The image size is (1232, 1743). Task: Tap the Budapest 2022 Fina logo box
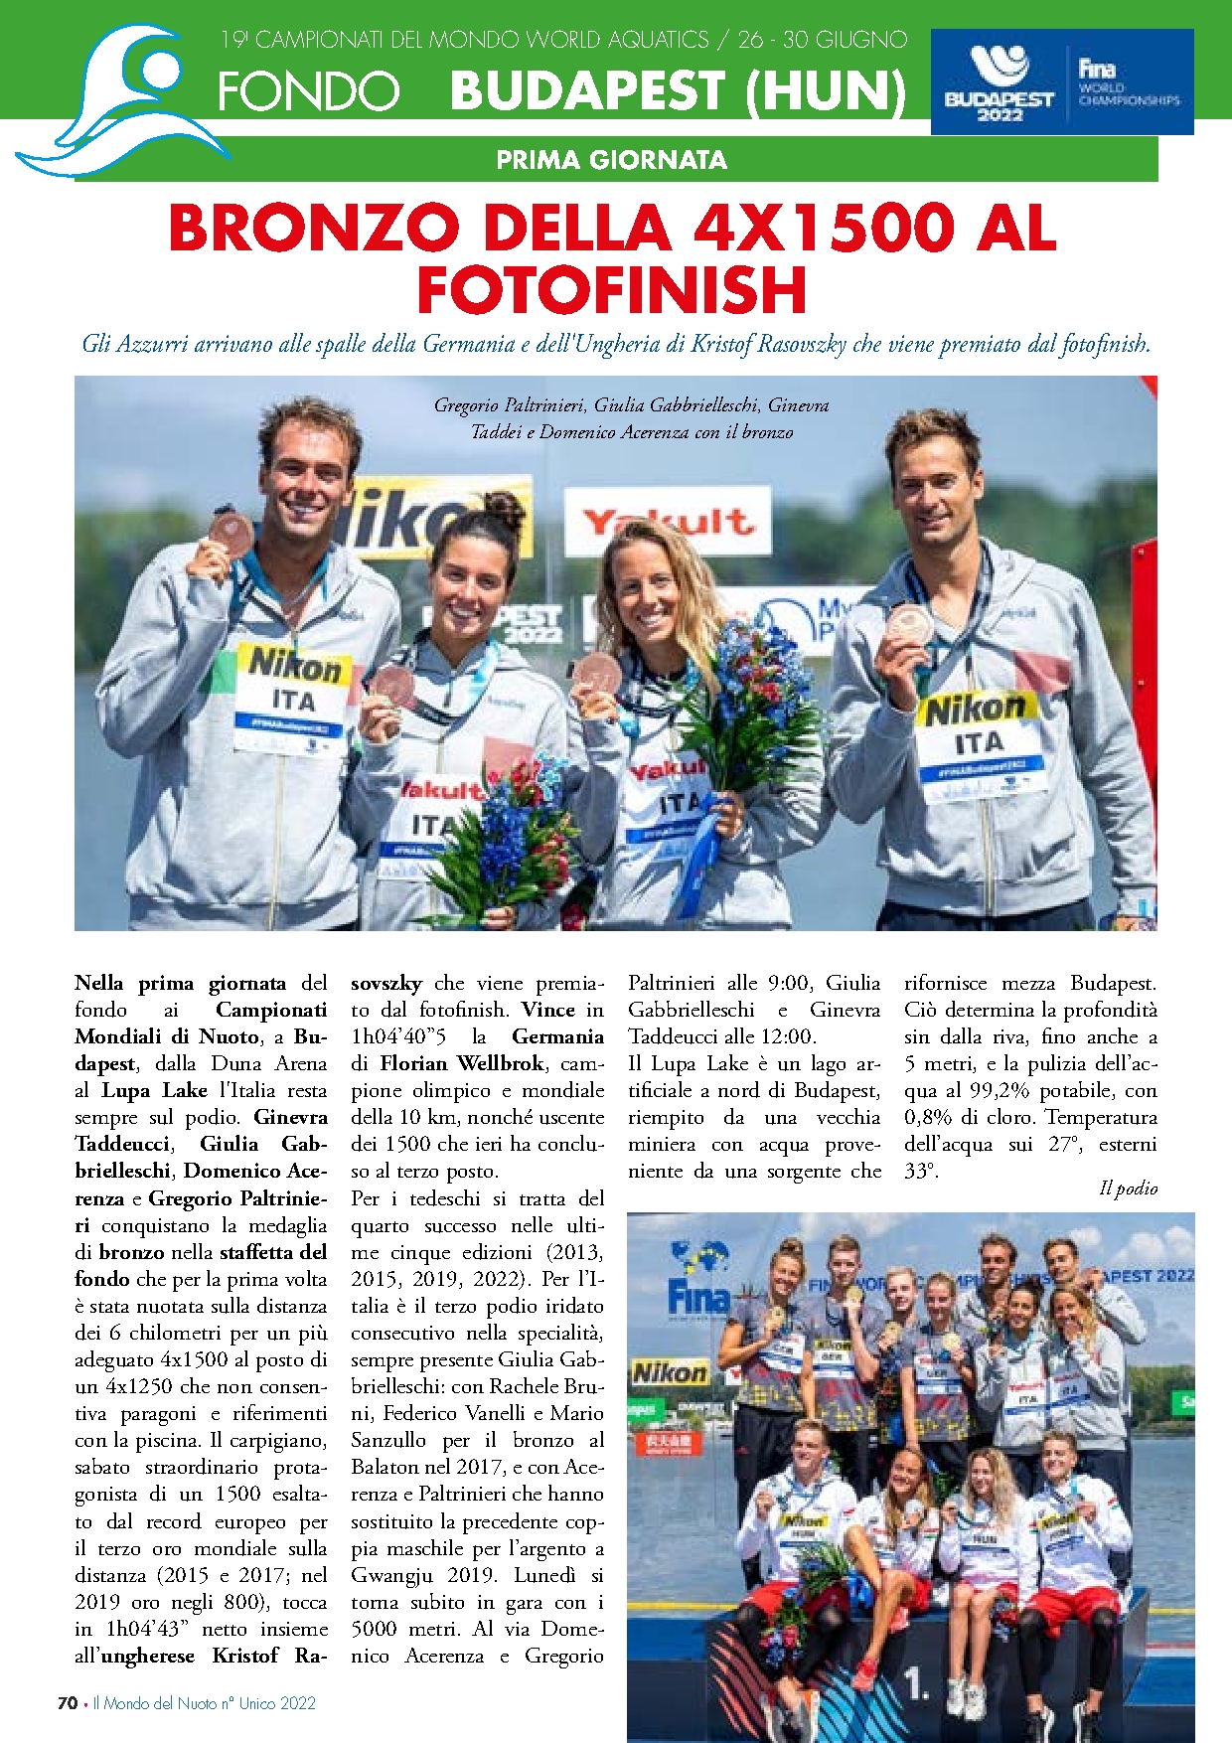tap(1061, 81)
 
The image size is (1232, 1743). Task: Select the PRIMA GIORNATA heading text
tap(611, 159)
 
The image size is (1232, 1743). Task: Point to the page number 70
tap(68, 1702)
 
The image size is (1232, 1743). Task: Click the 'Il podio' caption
tap(1128, 1188)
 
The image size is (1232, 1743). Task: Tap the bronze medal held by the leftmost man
tap(231, 527)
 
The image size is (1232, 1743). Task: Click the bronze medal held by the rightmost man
tap(908, 624)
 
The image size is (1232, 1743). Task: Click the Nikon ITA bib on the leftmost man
tap(293, 688)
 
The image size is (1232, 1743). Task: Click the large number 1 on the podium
tap(916, 1681)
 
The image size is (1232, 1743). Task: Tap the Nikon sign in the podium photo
tap(670, 1373)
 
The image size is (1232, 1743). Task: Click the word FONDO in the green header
tap(308, 91)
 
